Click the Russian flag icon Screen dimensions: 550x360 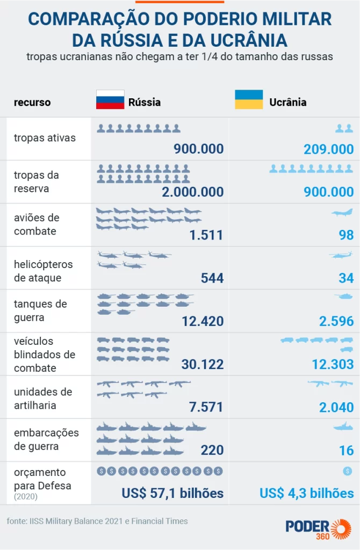pos(110,99)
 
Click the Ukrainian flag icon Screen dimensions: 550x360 pos(249,99)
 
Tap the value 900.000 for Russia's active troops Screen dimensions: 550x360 pos(198,149)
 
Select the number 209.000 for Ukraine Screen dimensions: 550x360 pos(328,149)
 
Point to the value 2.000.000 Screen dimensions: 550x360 pos(192,192)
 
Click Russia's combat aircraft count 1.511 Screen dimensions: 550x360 pos(206,235)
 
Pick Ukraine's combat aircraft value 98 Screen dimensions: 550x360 pos(346,235)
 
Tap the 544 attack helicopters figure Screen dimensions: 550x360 pos(212,278)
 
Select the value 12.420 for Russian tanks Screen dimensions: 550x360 pos(202,321)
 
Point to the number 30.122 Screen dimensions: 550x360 pos(202,364)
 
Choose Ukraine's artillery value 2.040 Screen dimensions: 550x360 pos(336,407)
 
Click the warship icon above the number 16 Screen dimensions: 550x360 pos(343,428)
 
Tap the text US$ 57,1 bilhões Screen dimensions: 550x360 pos(172,493)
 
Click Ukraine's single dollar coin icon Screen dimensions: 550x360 pos(347,471)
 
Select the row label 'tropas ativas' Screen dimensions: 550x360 pos(45,138)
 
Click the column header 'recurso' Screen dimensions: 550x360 pos(32,102)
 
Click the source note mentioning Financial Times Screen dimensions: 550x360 pos(97,521)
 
